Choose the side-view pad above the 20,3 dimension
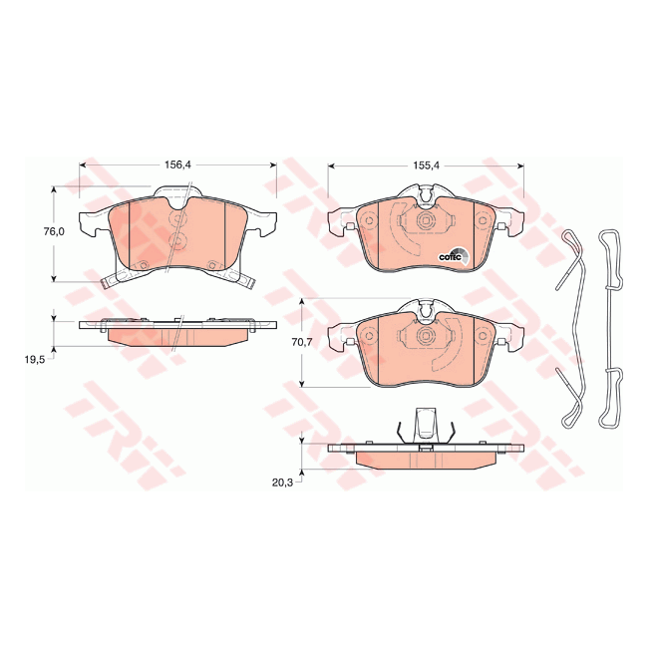pos(424,456)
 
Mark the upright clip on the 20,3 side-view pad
pos(426,424)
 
